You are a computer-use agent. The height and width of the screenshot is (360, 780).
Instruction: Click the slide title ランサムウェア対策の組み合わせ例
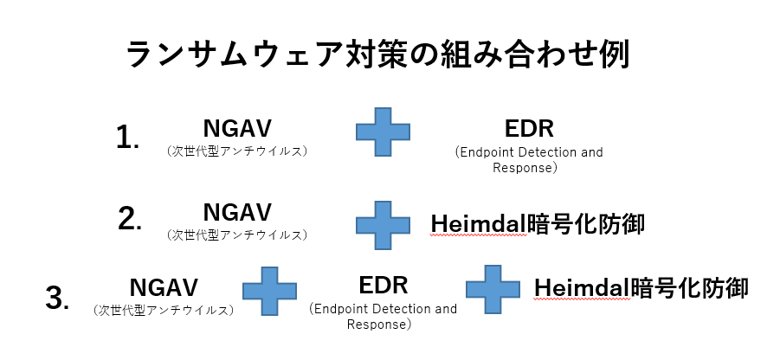click(377, 54)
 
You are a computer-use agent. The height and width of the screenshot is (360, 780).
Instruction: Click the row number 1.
click(127, 138)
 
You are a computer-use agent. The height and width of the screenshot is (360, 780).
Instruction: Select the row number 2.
click(130, 218)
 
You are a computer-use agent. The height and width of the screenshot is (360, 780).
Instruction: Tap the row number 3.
click(57, 299)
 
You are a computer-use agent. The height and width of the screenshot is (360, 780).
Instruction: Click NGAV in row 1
click(237, 128)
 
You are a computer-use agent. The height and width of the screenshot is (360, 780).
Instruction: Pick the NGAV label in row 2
click(237, 212)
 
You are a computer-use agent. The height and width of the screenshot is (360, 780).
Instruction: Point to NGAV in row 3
click(164, 287)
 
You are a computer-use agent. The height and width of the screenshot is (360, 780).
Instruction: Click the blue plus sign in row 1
click(383, 132)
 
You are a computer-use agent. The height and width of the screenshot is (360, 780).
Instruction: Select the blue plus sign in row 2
click(383, 225)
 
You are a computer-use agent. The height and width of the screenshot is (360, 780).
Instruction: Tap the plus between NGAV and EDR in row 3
click(269, 291)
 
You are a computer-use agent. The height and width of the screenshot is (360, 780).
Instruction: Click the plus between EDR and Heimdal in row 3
click(493, 289)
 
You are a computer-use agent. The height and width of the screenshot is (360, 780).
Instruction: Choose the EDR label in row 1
click(529, 129)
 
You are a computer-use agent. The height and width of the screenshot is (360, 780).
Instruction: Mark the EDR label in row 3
click(383, 286)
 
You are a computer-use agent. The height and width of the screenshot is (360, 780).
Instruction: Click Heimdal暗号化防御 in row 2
click(538, 224)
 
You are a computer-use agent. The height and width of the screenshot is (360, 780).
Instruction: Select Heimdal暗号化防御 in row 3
click(641, 288)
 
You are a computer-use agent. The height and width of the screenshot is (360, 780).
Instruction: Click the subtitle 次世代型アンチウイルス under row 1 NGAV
click(237, 151)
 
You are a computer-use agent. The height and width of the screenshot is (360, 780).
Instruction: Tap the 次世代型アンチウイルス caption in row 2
click(237, 235)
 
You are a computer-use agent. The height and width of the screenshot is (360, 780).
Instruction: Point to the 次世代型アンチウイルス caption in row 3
click(164, 311)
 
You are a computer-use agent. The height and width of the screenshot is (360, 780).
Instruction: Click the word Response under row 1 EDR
click(522, 168)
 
